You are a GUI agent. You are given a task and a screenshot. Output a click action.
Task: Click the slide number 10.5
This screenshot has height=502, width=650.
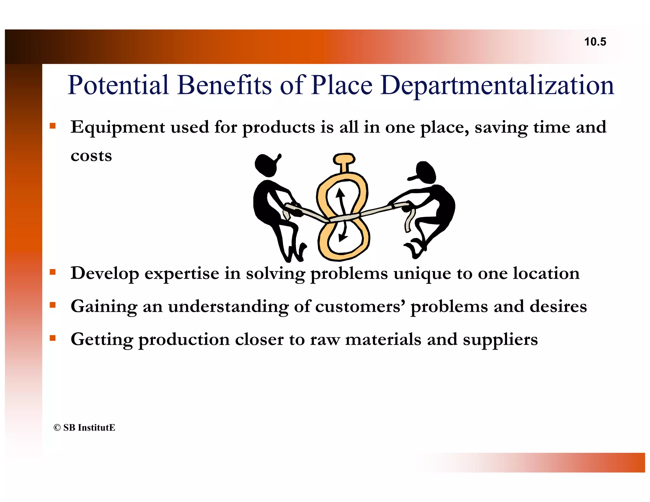(595, 42)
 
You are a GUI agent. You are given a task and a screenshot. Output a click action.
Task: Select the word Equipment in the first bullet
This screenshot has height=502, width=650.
(117, 128)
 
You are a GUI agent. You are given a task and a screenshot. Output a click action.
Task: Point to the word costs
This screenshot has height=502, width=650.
(91, 156)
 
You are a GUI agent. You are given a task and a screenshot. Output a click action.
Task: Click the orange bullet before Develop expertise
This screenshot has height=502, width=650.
(53, 272)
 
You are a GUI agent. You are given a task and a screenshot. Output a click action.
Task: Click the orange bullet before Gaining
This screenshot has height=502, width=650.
(53, 305)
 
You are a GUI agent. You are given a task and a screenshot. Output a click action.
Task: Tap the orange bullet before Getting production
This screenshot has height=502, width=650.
(53, 338)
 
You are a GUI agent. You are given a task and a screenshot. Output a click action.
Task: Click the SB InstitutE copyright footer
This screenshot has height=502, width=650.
(84, 427)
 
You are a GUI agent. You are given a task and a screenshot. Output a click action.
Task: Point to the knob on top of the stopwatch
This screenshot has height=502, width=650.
(344, 159)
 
